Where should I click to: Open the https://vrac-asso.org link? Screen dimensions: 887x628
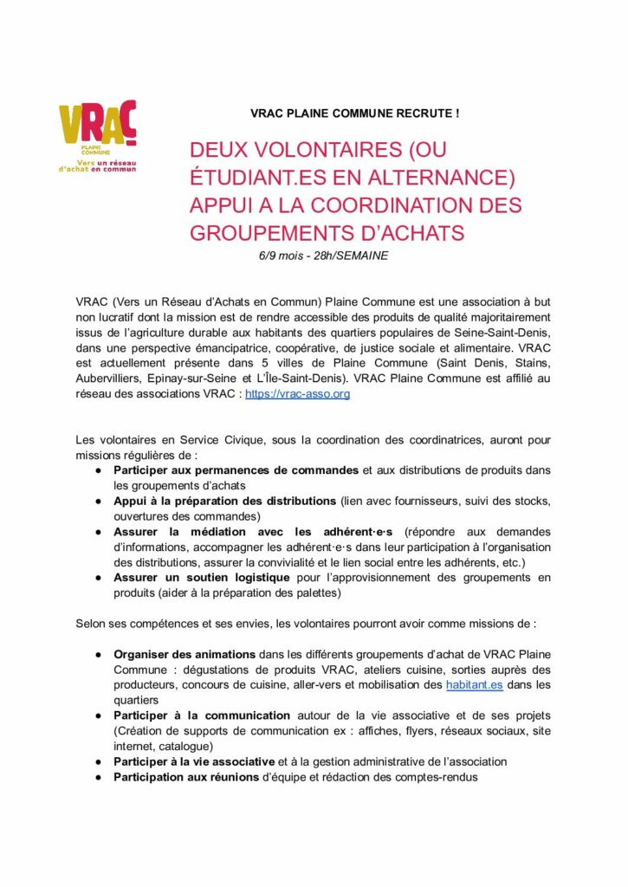(297, 393)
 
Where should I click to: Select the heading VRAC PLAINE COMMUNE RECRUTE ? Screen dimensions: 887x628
(355, 113)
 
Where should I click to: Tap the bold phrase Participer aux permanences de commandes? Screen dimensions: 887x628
(236, 469)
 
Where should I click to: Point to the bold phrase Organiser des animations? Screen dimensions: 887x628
(185, 654)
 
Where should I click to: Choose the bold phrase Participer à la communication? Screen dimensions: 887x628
(202, 715)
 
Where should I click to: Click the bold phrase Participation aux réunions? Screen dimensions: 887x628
(186, 777)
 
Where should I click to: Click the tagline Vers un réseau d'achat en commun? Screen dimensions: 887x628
(97, 165)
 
